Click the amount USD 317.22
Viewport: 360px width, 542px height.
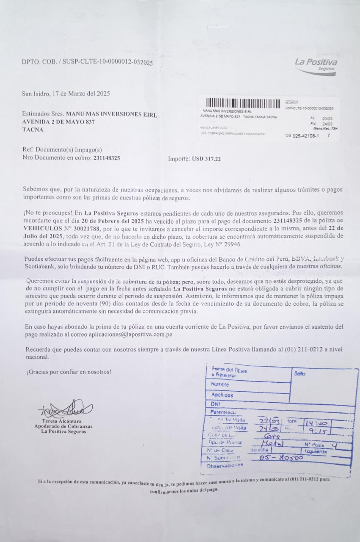[x=206, y=159]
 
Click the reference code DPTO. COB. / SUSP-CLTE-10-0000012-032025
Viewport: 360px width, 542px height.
[x=87, y=62]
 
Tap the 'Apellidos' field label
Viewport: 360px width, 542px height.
[x=222, y=395]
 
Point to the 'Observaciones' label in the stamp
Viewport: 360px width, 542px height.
[x=224, y=465]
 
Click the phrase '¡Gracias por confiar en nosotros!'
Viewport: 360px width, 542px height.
[x=68, y=372]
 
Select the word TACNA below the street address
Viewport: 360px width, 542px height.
[x=33, y=130]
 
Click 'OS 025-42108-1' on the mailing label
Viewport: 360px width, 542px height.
[x=302, y=136]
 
